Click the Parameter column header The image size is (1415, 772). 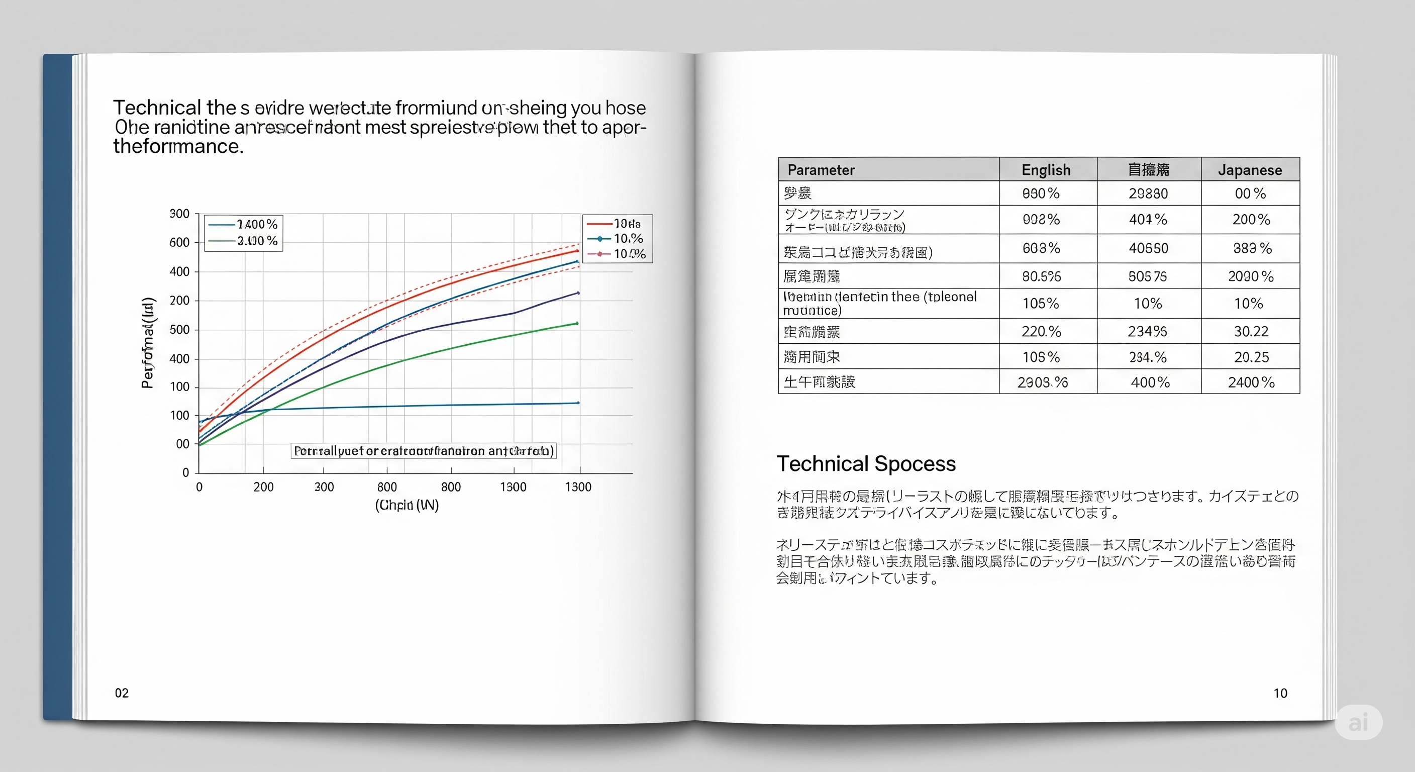[821, 170]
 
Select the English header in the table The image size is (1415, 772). [1046, 170]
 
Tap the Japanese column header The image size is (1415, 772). [1250, 170]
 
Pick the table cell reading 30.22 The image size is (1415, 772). [1251, 331]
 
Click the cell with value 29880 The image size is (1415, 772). [1148, 194]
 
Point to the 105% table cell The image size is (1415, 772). [1040, 303]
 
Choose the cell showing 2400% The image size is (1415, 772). [1251, 382]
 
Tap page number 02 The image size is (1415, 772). [122, 693]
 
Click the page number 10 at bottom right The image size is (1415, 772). [1280, 693]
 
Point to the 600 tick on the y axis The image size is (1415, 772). [179, 242]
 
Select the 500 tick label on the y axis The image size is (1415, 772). [179, 330]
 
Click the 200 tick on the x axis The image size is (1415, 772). [263, 487]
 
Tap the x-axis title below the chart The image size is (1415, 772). [407, 505]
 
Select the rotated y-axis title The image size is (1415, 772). [148, 343]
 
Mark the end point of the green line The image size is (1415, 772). [577, 323]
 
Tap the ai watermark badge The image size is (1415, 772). [1358, 722]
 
